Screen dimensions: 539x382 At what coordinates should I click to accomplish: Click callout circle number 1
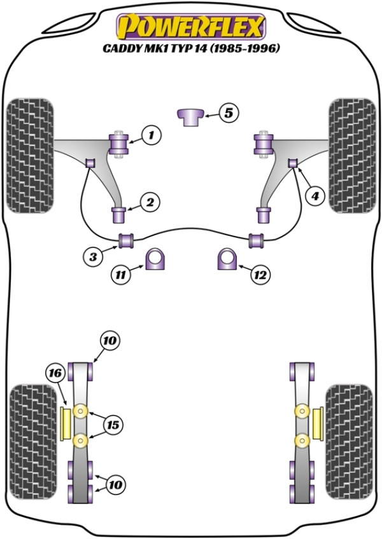pos(151,135)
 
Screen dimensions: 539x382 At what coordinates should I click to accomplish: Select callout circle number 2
pos(150,203)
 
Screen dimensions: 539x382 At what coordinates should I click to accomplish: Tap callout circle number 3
pos(93,257)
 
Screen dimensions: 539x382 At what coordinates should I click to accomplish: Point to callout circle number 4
pos(314,197)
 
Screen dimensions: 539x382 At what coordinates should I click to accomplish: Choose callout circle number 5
pos(229,114)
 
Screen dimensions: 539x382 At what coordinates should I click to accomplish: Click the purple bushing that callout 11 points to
pos(155,259)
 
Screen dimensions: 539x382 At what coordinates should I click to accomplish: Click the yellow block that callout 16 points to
pos(64,425)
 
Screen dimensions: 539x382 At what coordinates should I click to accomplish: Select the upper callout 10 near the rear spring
pos(110,341)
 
